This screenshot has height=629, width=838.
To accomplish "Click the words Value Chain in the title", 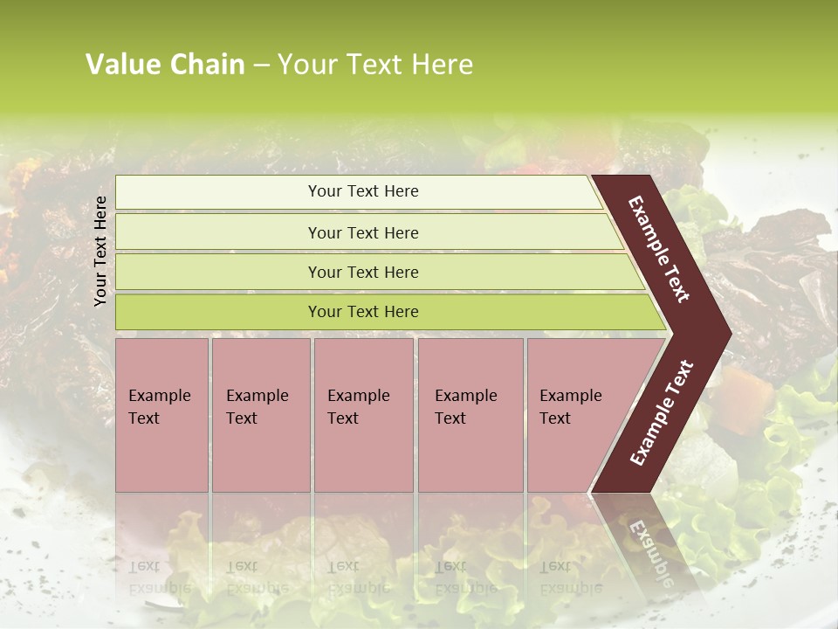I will coord(165,65).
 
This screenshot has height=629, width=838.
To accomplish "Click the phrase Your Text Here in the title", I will coord(375,65).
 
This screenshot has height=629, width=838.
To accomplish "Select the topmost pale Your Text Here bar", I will coord(363,191).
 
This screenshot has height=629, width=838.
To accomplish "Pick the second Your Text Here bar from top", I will coord(363,232).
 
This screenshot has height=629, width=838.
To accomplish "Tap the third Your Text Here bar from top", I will coord(363,272).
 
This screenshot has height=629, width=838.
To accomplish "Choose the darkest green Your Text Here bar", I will coord(363,312).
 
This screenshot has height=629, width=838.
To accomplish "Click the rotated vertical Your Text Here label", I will coord(100,251).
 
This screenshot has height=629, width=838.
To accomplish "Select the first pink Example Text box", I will coord(161,415).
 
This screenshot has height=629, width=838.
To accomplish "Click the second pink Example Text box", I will coord(260,415).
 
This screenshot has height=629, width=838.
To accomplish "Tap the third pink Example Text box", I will coord(363,415).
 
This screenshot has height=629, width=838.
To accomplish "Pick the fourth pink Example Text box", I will coord(471,415).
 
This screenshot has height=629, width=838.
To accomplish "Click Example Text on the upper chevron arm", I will coord(659,249).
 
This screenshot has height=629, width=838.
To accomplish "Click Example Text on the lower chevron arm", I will coord(662,412).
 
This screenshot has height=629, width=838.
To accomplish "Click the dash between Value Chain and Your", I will coord(261,65).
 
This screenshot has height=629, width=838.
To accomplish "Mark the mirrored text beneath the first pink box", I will coord(160,577).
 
